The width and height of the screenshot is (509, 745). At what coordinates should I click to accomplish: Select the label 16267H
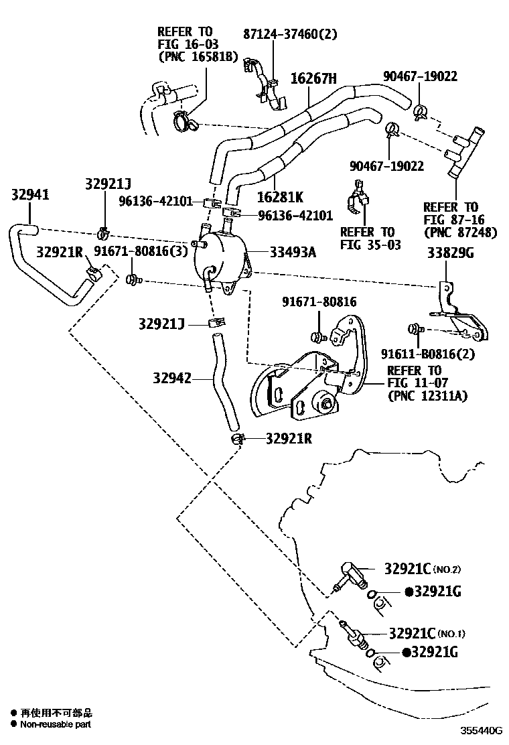[x=313, y=79]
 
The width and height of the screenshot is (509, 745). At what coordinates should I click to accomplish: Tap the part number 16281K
[x=280, y=197]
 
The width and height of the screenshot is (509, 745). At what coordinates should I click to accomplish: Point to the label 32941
[x=30, y=194]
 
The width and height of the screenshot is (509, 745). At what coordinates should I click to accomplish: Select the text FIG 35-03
[x=370, y=245]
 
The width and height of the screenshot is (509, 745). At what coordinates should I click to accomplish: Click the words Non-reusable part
[x=55, y=724]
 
